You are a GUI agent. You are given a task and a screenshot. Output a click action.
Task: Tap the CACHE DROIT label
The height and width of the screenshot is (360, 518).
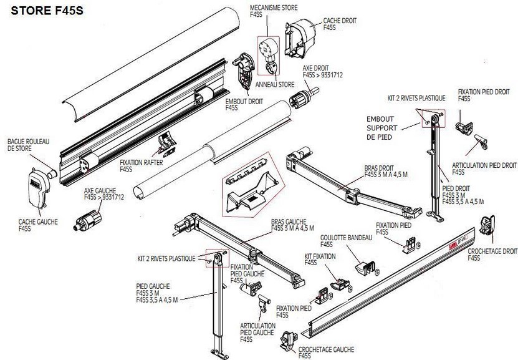click(x=340, y=23)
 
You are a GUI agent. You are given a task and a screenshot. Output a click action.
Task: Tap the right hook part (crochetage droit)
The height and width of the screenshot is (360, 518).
click(x=488, y=228)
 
